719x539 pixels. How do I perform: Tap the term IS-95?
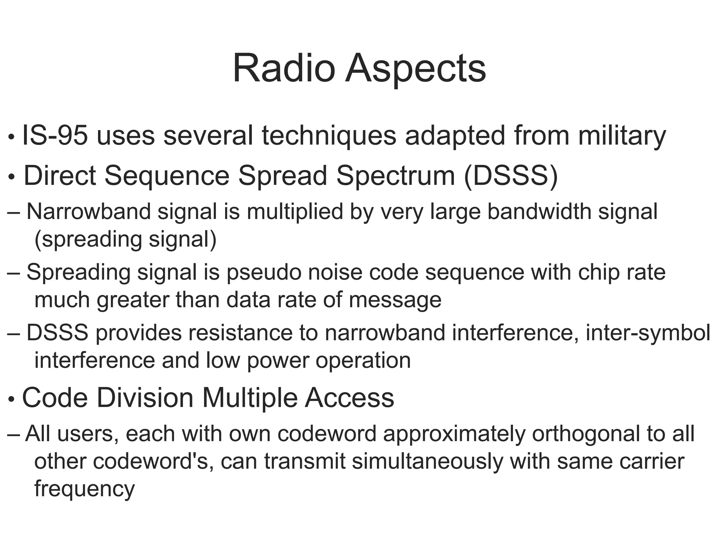(54, 136)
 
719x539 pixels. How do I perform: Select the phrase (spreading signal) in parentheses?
(125, 239)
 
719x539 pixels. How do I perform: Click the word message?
(395, 300)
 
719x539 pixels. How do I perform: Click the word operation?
(363, 360)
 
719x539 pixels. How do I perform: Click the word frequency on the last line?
(85, 489)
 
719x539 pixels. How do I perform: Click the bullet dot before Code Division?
(11, 399)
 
